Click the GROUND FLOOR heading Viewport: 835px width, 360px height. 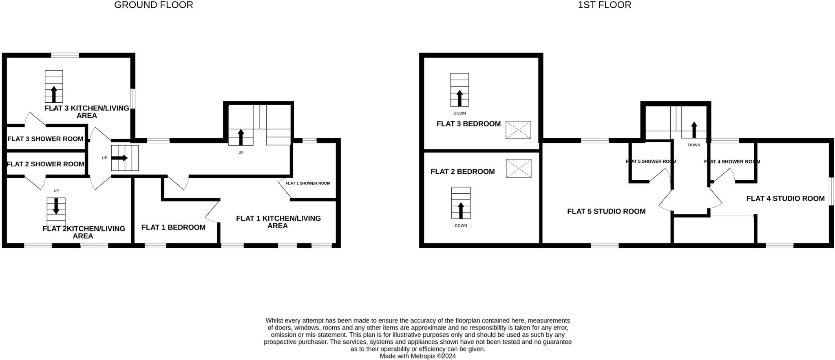pos(153,5)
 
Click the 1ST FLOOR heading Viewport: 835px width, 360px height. pos(604,5)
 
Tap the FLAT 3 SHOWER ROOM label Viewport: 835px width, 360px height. pos(45,139)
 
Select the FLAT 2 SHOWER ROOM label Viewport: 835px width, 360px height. pos(46,164)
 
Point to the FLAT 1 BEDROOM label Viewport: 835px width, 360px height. pos(173,227)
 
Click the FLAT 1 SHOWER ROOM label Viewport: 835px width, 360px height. pos(308,183)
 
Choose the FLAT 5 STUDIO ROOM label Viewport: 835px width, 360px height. pos(606,212)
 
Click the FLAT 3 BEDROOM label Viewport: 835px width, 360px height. pos(468,124)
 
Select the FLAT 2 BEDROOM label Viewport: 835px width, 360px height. pos(463,172)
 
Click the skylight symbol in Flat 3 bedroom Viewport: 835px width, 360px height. pos(518,130)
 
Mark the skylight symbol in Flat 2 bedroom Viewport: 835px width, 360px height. pos(519,168)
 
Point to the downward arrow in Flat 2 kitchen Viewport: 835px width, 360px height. pos(56,206)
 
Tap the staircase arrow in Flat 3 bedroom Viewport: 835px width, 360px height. pos(459,98)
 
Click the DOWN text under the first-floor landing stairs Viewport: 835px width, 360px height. pos(694,145)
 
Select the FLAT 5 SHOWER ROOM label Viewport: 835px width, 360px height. pos(651,161)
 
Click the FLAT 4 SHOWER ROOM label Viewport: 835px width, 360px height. pos(732,162)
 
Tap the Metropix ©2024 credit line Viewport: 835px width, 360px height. pos(417,356)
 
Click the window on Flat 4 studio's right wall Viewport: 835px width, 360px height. pos(832,191)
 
